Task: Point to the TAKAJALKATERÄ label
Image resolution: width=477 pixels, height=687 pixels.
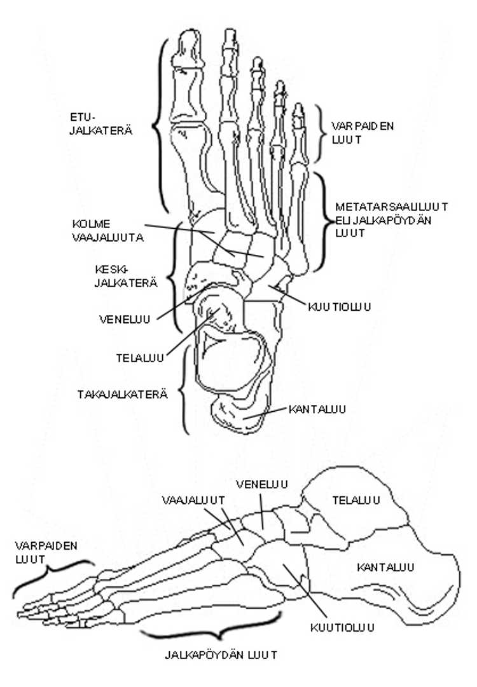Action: click(x=123, y=394)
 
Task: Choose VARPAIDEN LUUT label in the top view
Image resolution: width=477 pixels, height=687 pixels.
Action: click(x=363, y=132)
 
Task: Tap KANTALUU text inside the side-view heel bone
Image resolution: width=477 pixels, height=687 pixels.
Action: click(x=385, y=567)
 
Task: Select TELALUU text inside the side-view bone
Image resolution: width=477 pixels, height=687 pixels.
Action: click(x=356, y=500)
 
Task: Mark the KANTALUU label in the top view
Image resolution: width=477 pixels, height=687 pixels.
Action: click(x=317, y=409)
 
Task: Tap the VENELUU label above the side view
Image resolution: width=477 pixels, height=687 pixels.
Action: click(x=261, y=484)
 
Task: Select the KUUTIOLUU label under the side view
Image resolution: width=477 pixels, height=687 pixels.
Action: click(x=342, y=628)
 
